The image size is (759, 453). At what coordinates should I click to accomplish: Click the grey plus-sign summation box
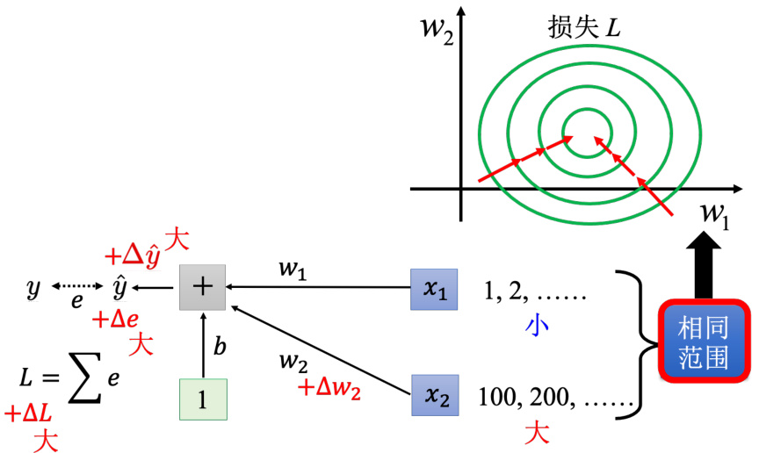(202, 287)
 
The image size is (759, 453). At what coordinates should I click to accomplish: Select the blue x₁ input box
(435, 290)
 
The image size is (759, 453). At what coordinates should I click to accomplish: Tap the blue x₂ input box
(435, 395)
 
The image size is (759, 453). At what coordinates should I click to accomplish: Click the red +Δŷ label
(134, 255)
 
